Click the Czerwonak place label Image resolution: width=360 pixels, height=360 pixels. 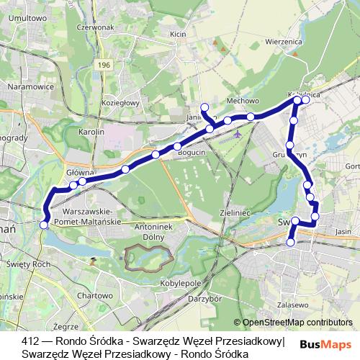[x=99, y=48]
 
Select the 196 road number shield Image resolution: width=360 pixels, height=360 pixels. [x=104, y=65]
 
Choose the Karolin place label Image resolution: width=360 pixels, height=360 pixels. [x=91, y=132]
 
